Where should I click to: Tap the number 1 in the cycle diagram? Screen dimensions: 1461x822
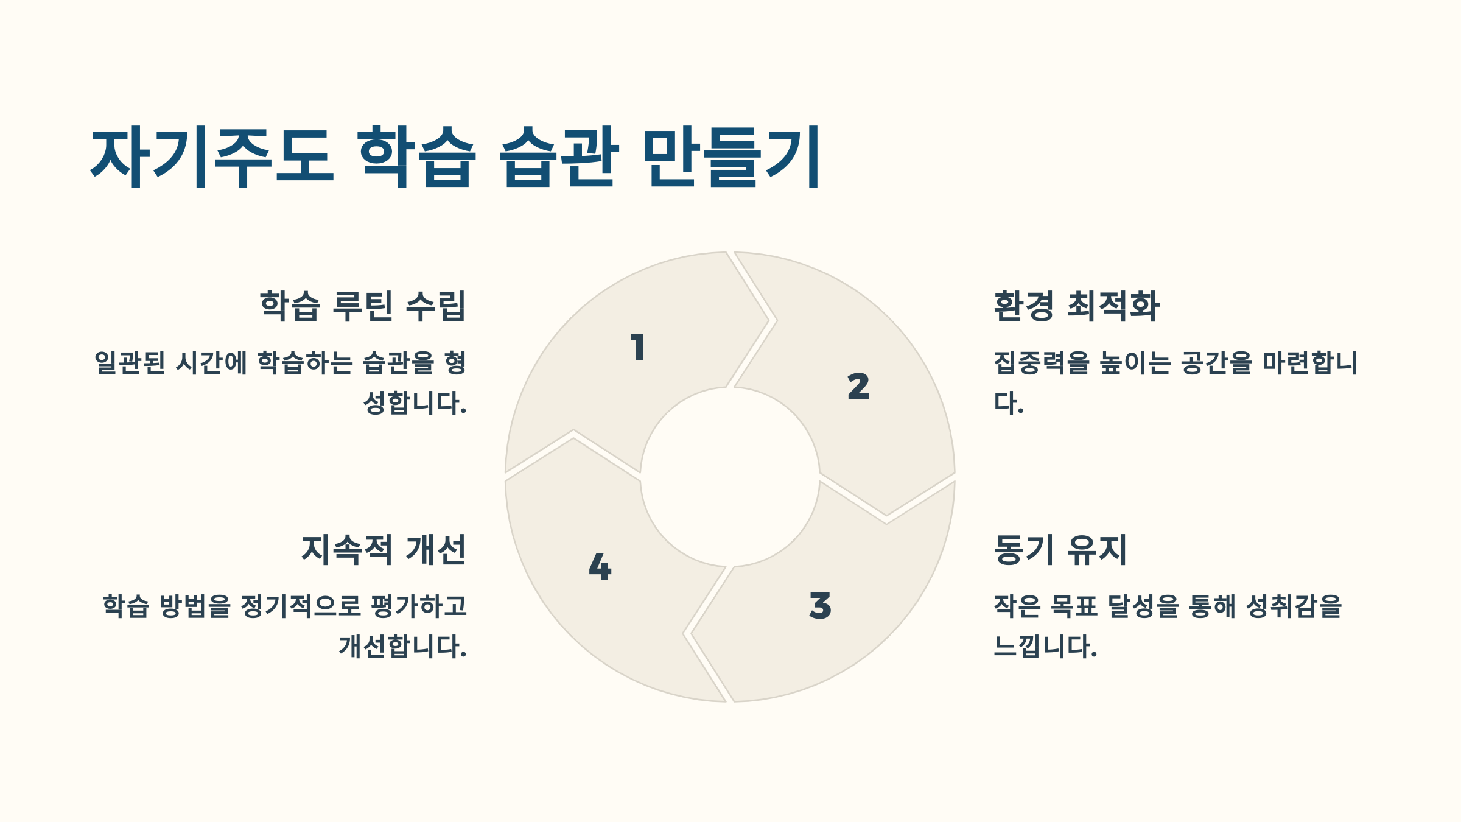click(x=637, y=348)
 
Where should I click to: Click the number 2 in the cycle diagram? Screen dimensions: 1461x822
click(x=858, y=387)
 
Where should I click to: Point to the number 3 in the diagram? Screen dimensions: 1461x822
click(x=820, y=605)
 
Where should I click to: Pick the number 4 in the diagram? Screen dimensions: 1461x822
click(x=600, y=567)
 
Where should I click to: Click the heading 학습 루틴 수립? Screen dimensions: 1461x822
click(x=363, y=306)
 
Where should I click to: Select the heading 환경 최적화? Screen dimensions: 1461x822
click(x=1076, y=306)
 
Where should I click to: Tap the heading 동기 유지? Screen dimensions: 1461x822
click(x=1060, y=550)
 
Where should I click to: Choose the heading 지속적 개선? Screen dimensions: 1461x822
click(x=384, y=550)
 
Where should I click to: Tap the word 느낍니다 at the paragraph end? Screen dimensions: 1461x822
click(x=1045, y=647)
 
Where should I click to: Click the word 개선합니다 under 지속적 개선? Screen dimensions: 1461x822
click(x=402, y=647)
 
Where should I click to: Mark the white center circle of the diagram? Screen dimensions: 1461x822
click(x=730, y=477)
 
